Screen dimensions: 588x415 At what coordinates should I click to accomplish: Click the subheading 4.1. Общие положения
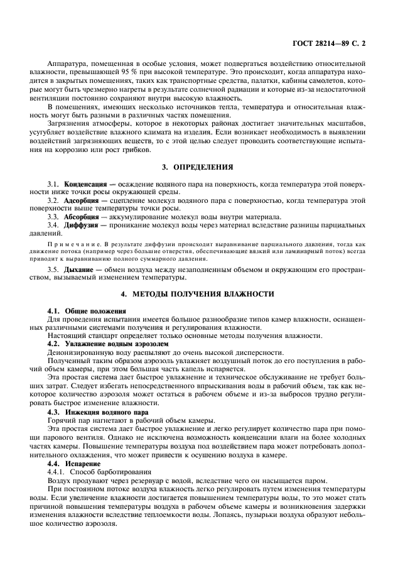click(87, 311)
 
